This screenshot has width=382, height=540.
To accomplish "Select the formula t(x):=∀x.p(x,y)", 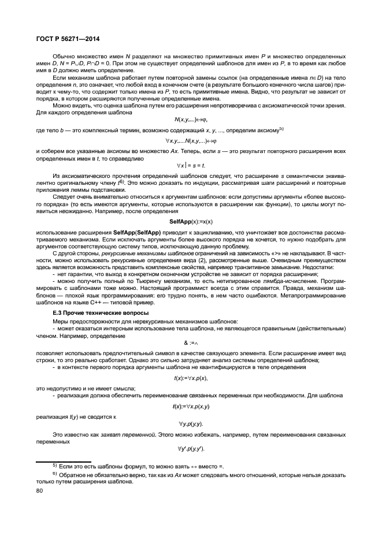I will [x=191, y=407].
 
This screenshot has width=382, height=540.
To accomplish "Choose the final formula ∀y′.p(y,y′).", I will [x=191, y=449].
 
